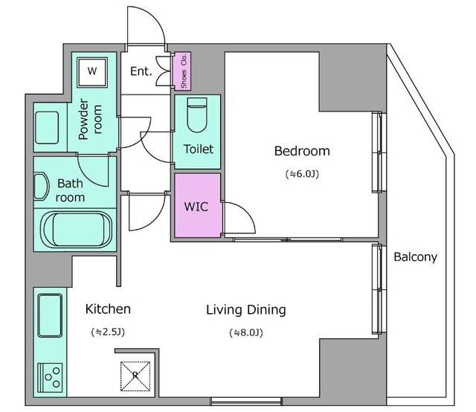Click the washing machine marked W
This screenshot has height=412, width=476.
pyautogui.click(x=92, y=73)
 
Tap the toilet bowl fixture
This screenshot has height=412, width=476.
pyautogui.click(x=197, y=115)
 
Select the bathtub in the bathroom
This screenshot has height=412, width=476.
pyautogui.click(x=77, y=230)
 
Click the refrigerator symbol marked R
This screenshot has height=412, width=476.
pyautogui.click(x=135, y=376)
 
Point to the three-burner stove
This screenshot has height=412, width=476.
pyautogui.click(x=50, y=378)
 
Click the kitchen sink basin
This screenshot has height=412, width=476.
pyautogui.click(x=50, y=315)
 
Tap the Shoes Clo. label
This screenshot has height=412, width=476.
pyautogui.click(x=184, y=71)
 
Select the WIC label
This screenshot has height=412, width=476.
pyautogui.click(x=196, y=207)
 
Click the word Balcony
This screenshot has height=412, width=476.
pyautogui.click(x=415, y=257)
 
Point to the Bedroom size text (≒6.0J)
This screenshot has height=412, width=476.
pyautogui.click(x=302, y=174)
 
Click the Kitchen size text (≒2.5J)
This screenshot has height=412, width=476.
pyautogui.click(x=108, y=332)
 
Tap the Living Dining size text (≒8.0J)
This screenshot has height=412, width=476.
pyautogui.click(x=246, y=332)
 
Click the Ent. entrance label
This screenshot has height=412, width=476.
pyautogui.click(x=141, y=71)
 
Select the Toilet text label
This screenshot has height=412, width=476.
pyautogui.click(x=199, y=149)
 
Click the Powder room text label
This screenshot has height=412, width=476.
pyautogui.click(x=90, y=119)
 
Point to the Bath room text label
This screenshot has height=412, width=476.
pyautogui.click(x=70, y=190)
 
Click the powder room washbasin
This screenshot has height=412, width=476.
pyautogui.click(x=47, y=127)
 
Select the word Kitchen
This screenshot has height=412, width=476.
pyautogui.click(x=108, y=309)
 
